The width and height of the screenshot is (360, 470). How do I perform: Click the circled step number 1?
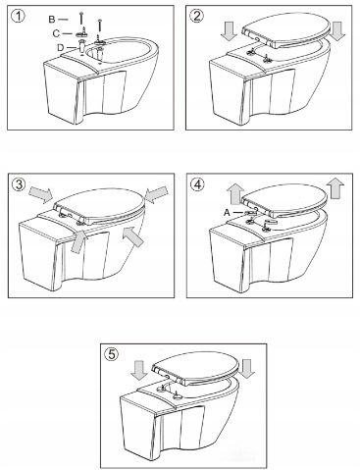click(18, 16)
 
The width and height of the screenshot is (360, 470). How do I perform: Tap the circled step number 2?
click(196, 16)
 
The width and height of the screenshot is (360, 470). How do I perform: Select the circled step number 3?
click(19, 184)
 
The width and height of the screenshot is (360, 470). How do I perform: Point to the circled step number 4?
click(197, 184)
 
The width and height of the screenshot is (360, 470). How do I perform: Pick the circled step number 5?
click(112, 354)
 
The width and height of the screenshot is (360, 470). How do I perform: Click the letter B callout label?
click(52, 20)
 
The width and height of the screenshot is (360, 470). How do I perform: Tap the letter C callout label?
click(56, 33)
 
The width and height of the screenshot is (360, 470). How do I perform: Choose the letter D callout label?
click(61, 48)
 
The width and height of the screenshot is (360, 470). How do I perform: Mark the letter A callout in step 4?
click(227, 213)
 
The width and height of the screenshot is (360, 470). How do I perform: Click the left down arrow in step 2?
click(229, 30)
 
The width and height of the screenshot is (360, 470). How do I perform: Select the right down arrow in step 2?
click(337, 30)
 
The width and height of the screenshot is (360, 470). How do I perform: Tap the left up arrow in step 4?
click(236, 193)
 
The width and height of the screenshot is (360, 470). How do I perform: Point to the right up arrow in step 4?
click(336, 187)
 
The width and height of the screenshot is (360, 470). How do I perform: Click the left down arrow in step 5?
click(140, 370)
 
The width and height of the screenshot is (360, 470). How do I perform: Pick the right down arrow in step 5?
click(247, 369)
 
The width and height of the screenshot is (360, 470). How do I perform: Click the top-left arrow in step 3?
click(41, 194)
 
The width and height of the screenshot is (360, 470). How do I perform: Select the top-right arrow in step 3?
click(156, 194)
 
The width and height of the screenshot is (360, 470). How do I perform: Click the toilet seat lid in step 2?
click(284, 32)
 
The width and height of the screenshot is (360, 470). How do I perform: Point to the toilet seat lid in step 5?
click(194, 368)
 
